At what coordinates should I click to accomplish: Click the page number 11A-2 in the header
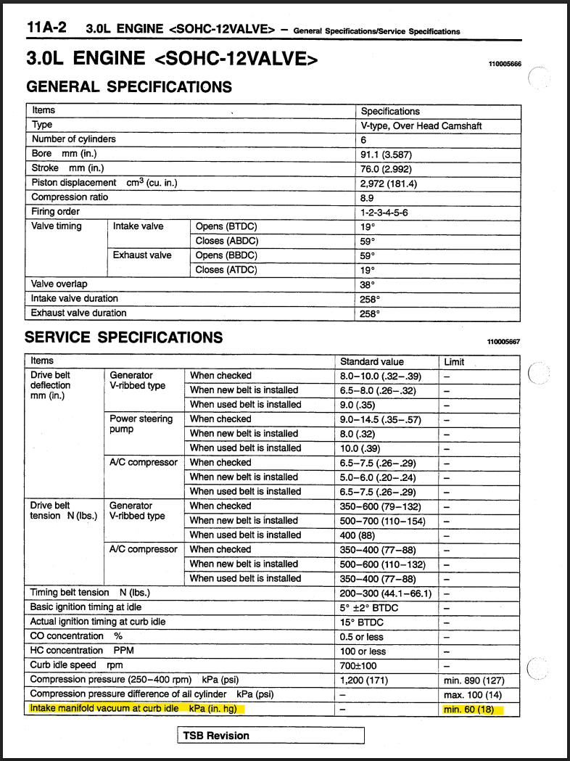tap(46, 28)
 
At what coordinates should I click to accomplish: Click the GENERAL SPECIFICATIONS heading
tap(129, 86)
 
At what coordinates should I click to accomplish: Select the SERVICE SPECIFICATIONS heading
tap(123, 337)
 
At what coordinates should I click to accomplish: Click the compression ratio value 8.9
tap(367, 197)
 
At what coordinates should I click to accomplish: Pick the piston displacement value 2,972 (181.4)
tap(389, 183)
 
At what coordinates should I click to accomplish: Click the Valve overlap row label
tap(59, 284)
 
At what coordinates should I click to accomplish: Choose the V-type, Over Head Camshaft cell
tap(421, 126)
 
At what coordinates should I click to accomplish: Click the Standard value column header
tap(372, 361)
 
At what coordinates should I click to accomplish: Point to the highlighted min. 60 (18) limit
tap(474, 709)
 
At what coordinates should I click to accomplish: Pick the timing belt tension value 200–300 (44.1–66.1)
tap(386, 593)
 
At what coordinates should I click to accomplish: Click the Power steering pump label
tap(141, 424)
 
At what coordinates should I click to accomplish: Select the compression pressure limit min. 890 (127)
tap(474, 680)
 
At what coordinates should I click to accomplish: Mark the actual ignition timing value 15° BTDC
tap(362, 622)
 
